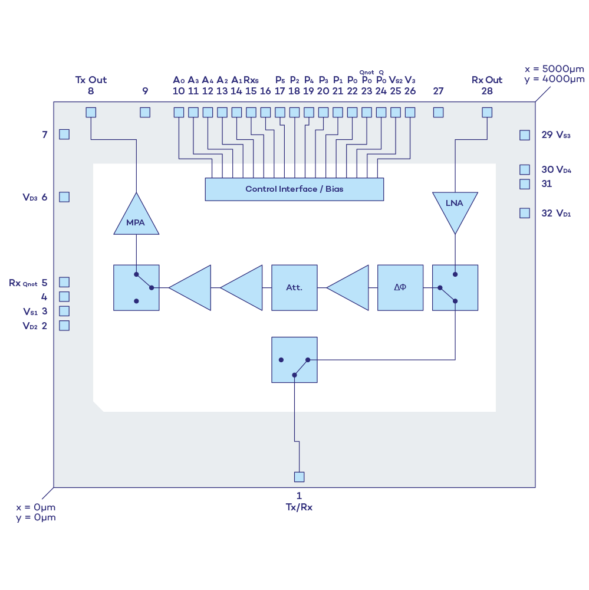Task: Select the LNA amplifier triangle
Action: (x=455, y=208)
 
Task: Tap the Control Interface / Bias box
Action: (x=294, y=189)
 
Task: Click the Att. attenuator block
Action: (x=294, y=287)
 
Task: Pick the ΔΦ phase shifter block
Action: (x=400, y=287)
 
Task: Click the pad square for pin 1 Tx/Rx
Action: (x=300, y=477)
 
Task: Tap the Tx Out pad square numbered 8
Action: (x=91, y=112)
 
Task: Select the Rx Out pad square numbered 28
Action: (x=487, y=112)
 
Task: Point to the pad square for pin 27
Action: (x=438, y=112)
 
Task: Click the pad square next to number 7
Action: (x=64, y=135)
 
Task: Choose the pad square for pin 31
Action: (x=525, y=184)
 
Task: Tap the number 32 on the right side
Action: (x=547, y=214)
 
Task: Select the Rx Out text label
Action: (x=487, y=80)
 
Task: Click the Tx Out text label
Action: (x=91, y=80)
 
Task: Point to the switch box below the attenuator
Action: (x=294, y=360)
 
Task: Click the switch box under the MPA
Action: (x=136, y=287)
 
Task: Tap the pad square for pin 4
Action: (x=64, y=297)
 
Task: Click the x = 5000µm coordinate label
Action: (x=555, y=69)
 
